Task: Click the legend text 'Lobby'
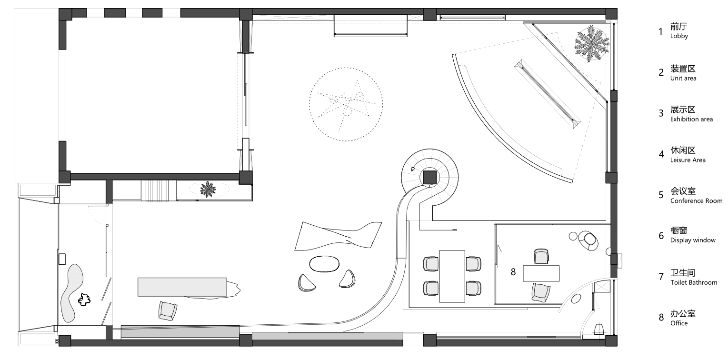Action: pos(679,36)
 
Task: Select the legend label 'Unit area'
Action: pos(683,78)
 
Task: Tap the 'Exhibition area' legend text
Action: pos(691,119)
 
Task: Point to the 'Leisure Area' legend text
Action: pos(688,160)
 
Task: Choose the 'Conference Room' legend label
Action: pos(696,201)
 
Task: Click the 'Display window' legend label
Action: pos(693,240)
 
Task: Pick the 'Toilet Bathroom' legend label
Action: pos(694,282)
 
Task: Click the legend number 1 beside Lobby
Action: pos(660,31)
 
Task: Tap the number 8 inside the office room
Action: pos(513,272)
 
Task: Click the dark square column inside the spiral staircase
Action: pos(429,178)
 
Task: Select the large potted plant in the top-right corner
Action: pos(591,44)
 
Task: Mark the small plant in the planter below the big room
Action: pos(208,189)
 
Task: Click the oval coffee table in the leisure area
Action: pos(324,264)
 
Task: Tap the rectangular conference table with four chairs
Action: pos(452,276)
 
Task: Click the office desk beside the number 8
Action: pos(541,273)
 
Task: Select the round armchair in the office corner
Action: pos(588,241)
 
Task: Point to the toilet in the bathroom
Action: pos(599,329)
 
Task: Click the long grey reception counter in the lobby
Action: pos(182,287)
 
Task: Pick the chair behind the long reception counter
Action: pos(168,311)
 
